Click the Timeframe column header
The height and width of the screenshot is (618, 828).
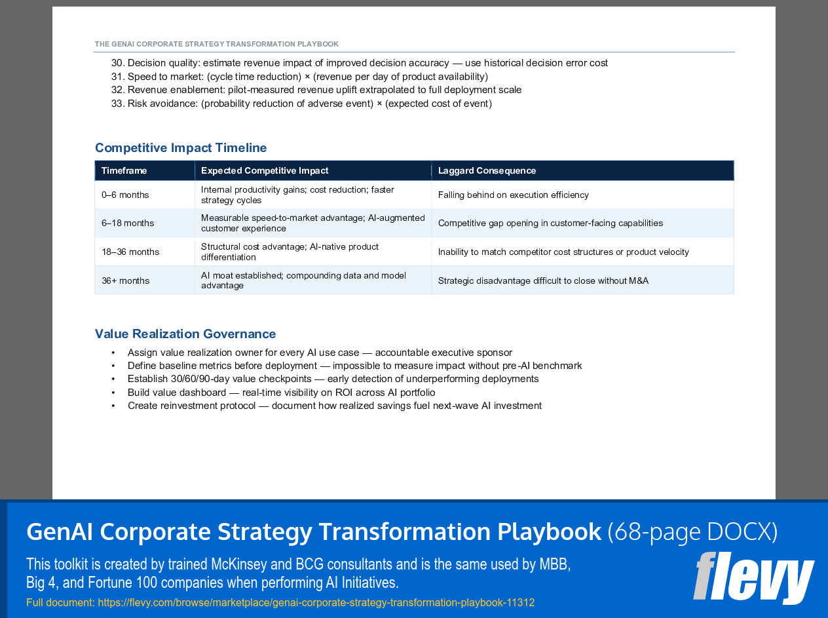[124, 170]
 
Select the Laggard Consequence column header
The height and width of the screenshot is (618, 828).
[487, 170]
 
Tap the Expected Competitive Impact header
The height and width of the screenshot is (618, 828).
[265, 170]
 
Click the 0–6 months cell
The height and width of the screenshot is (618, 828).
[125, 195]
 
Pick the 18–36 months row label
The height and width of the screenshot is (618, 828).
[130, 252]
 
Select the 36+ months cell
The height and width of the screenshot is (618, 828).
[126, 280]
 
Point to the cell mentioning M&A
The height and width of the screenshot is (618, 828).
[543, 280]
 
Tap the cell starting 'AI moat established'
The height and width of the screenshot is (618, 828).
[303, 280]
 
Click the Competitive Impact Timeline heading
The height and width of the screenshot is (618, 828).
[181, 147]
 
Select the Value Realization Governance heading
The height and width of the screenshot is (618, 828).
[185, 334]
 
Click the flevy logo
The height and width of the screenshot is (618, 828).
[753, 578]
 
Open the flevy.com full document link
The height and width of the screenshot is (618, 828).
[316, 602]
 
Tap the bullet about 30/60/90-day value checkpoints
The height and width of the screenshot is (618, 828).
[333, 379]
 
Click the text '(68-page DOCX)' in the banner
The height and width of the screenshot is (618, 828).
[692, 531]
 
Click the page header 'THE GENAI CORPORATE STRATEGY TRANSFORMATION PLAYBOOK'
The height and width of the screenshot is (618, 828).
[217, 44]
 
